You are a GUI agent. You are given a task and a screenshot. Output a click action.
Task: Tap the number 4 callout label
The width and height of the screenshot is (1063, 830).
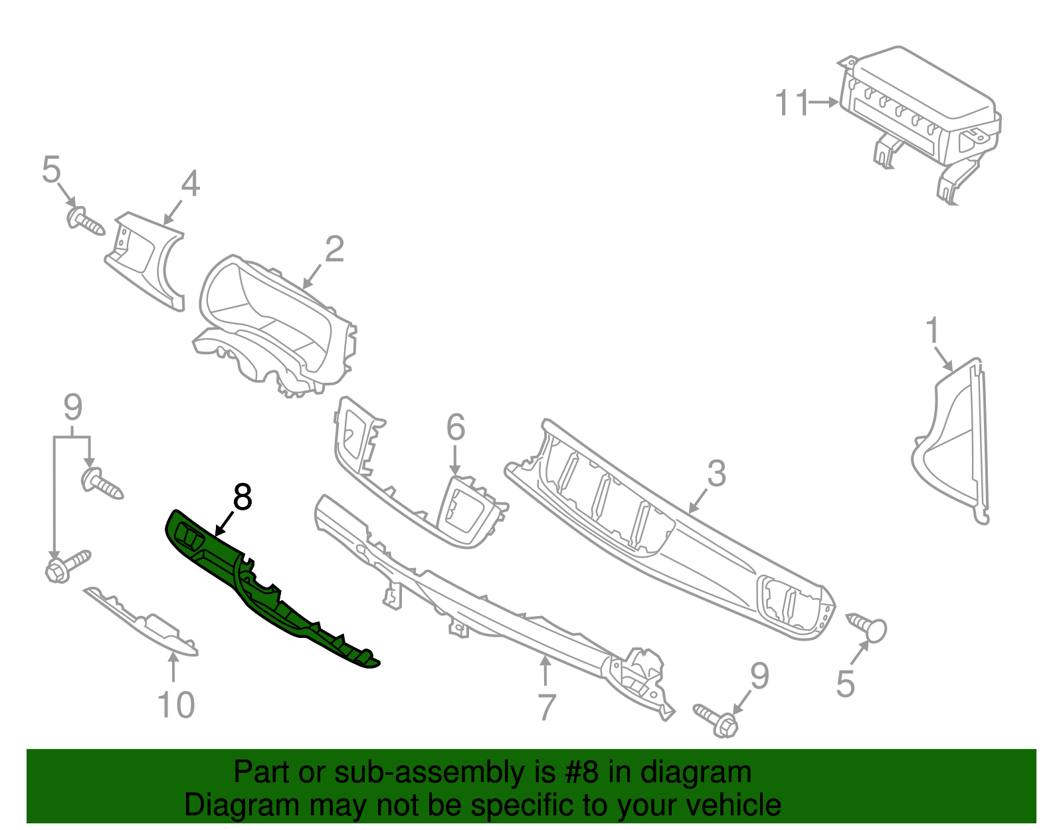coord(190,183)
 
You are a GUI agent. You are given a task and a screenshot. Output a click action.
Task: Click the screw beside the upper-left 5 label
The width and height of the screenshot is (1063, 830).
coord(85,221)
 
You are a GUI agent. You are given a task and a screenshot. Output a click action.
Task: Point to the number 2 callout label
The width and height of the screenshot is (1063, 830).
coord(334,249)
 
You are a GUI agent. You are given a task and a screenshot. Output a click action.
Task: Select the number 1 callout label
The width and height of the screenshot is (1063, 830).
coord(933,330)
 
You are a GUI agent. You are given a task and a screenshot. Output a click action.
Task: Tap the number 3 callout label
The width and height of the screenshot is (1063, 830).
coord(716,474)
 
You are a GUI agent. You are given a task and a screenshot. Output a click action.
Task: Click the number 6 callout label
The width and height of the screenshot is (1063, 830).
coord(455,427)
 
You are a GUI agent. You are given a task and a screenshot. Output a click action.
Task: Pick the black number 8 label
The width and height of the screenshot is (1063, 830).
coord(242,497)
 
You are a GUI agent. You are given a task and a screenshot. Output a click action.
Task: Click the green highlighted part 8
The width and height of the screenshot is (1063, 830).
coord(266,591)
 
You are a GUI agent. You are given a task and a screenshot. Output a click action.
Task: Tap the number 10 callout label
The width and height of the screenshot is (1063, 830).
coord(176,705)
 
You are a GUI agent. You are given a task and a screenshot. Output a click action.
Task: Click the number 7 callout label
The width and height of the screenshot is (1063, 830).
coord(545,707)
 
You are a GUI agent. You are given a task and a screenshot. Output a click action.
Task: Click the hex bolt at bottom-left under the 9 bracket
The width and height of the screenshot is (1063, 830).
coord(66,564)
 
